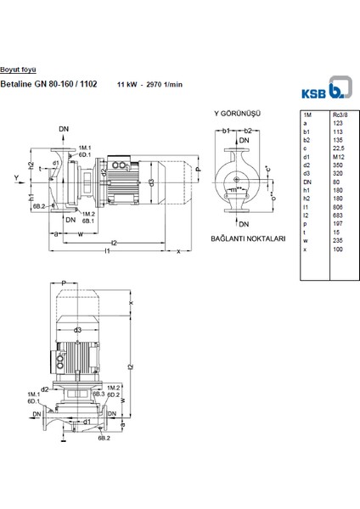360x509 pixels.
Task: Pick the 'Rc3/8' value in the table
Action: tap(339, 114)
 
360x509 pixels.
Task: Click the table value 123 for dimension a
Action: tap(336, 122)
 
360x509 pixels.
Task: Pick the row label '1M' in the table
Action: tap(307, 114)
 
